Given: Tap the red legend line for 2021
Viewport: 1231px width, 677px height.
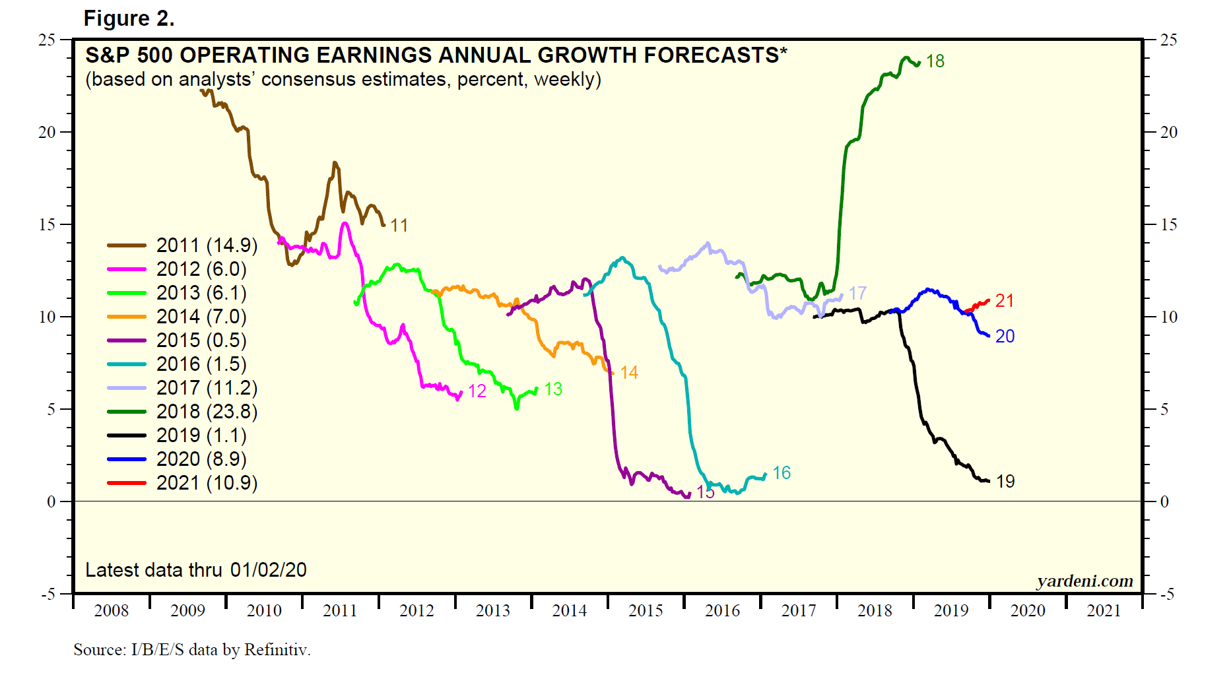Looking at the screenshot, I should [126, 483].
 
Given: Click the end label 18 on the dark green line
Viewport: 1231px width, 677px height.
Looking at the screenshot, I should [935, 61].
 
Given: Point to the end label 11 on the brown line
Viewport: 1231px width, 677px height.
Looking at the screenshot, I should [399, 226].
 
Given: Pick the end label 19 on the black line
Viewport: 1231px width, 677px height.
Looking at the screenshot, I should [1005, 482].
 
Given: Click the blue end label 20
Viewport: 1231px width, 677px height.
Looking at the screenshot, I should [1005, 337].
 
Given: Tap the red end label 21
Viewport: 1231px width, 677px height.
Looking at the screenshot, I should [1004, 301].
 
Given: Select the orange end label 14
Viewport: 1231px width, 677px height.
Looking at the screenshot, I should [629, 373].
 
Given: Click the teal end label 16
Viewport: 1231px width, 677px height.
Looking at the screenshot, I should [782, 473].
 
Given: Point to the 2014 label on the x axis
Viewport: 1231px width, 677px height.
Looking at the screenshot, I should [570, 611].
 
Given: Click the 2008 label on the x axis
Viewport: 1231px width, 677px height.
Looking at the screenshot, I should [112, 611].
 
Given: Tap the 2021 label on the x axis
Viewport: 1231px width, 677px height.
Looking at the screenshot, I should [1104, 611].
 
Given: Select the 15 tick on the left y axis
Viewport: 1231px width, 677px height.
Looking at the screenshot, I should [47, 225].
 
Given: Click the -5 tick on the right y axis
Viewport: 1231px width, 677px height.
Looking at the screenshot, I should [1168, 595].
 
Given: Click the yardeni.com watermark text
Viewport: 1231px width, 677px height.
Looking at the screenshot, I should [1084, 581].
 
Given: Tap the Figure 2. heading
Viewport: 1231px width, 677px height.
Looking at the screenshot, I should [129, 18].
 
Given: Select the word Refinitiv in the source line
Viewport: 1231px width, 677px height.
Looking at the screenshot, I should [277, 650].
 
